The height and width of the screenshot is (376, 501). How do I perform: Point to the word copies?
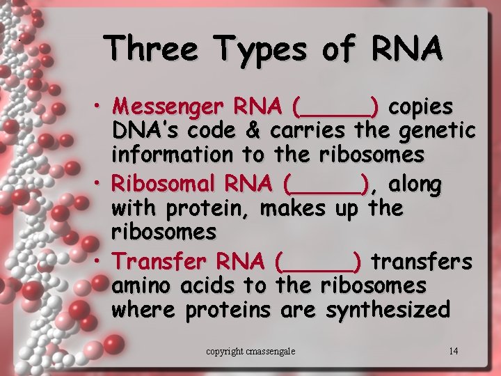pyautogui.click(x=421, y=108)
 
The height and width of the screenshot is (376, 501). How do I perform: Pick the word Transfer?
pyautogui.click(x=159, y=262)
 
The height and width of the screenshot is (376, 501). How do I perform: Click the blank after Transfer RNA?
pyautogui.click(x=319, y=263)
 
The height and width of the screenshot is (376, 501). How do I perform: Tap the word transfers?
pyautogui.click(x=422, y=262)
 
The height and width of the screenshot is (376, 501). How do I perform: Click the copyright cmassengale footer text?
pyautogui.click(x=250, y=351)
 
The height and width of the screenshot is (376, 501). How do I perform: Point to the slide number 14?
pyautogui.click(x=453, y=350)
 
